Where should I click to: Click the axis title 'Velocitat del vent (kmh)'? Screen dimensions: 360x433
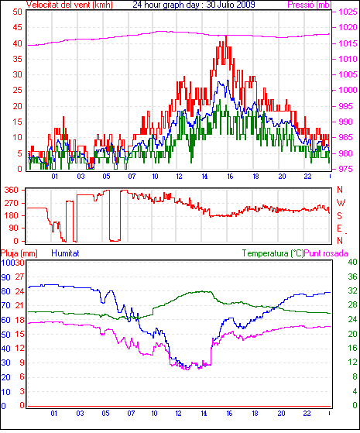pos(70,5)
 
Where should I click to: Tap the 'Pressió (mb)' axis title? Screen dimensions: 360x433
pos(310,5)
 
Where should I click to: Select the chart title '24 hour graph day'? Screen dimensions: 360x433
pos(166,5)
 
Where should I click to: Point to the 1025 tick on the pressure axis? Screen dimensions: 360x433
pos(348,12)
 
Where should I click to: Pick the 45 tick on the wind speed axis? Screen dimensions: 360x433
pos(17,27)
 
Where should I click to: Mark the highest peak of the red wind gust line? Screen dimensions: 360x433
pos(226,36)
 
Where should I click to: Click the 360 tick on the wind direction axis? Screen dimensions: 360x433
pos(12,190)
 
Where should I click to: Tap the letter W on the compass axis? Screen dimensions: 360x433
pos(341,203)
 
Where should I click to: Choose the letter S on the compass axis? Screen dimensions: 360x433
pos(340,215)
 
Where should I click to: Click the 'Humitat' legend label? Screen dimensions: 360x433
pos(65,253)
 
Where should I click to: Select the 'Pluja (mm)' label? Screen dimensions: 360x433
pos(19,253)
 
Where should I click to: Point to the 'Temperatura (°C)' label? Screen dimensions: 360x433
pos(273,253)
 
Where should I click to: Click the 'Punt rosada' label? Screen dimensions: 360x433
pos(326,253)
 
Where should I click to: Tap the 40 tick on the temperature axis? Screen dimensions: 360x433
pos(352,262)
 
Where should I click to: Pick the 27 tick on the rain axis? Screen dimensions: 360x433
pos(19,277)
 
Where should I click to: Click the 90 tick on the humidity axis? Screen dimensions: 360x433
pos(5,277)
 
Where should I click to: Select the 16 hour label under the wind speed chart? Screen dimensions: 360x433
pos(230,176)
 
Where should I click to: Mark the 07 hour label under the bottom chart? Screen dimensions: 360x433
pos(131,414)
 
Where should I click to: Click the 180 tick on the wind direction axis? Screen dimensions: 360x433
pos(12,215)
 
